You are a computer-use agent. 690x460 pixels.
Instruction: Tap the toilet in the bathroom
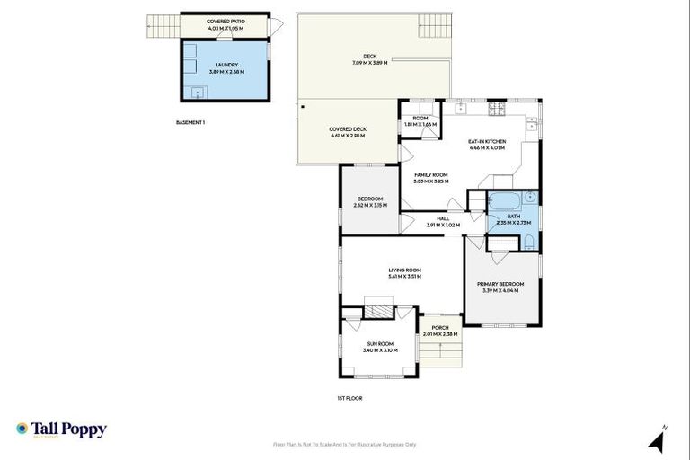(x=529, y=241)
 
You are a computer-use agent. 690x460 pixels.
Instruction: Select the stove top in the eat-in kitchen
(x=498, y=109)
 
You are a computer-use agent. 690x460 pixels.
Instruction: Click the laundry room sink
(x=198, y=92)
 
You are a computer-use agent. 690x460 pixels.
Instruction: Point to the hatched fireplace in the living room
(x=378, y=310)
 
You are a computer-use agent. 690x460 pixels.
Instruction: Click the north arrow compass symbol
(x=657, y=439)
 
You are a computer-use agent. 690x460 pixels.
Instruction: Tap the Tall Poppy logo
(x=61, y=429)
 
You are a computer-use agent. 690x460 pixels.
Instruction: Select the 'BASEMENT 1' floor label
(x=190, y=122)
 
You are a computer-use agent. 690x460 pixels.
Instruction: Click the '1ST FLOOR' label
(x=349, y=397)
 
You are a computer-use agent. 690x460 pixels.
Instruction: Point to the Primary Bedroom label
(x=502, y=284)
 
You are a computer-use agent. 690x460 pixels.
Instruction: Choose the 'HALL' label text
(x=443, y=218)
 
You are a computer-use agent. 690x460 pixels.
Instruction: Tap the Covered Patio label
(x=225, y=21)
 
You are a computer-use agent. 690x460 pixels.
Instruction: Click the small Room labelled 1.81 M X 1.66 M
(x=420, y=122)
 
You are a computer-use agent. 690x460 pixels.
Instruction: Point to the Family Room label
(x=430, y=174)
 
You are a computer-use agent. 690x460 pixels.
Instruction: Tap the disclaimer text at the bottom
(x=344, y=444)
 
